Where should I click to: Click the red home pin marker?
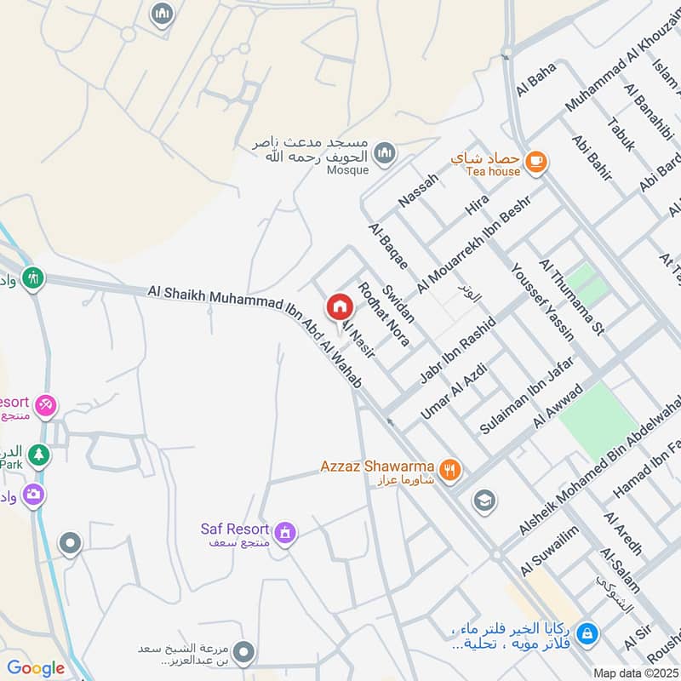(339, 306)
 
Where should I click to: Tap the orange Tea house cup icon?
(535, 162)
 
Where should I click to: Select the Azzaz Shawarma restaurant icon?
(451, 468)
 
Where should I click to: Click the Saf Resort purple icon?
(285, 533)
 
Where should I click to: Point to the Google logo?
(36, 668)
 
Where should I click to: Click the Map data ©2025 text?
(635, 672)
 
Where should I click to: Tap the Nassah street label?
(418, 189)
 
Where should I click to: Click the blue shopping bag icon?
(586, 633)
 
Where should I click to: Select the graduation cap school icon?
(484, 500)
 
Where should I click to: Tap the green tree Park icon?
(37, 455)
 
